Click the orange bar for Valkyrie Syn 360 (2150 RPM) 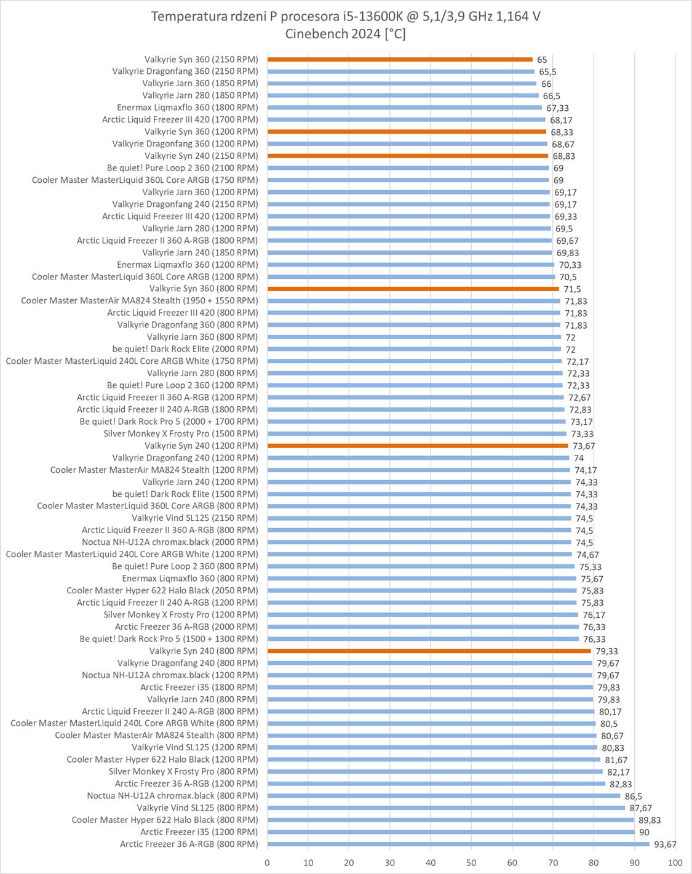tap(400, 60)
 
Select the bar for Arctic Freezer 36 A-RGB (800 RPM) tap(458, 844)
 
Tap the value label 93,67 tap(664, 844)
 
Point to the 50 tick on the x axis tap(471, 863)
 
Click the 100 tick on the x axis tap(675, 863)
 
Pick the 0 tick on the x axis tap(267, 863)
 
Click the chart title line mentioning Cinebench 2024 tap(346, 34)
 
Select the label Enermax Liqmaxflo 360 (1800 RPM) tap(188, 108)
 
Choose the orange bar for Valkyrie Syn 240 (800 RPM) tap(429, 651)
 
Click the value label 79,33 tap(606, 651)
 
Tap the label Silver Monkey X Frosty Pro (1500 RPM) tap(181, 434)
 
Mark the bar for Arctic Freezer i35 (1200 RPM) tap(451, 832)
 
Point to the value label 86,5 tap(634, 796)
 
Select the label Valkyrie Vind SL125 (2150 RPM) tap(195, 518)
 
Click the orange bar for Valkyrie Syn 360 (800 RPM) tap(413, 289)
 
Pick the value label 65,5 tap(547, 72)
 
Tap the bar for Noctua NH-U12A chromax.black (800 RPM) tap(443, 796)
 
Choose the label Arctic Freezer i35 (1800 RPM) tap(199, 688)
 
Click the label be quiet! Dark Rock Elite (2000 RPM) tap(185, 349)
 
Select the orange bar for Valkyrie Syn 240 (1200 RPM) tap(418, 446)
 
